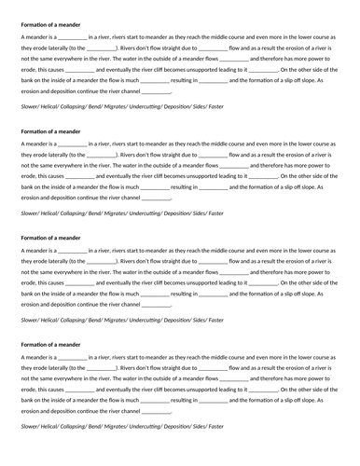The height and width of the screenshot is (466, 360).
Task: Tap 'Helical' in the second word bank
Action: (54, 212)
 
